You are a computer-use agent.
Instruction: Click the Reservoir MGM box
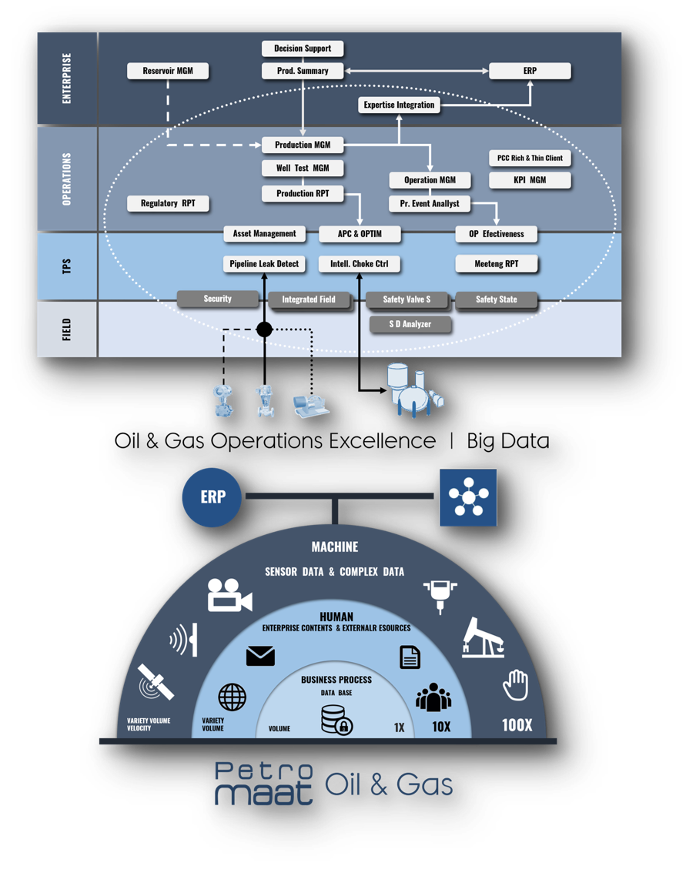click(x=168, y=71)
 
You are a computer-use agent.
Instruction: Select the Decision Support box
click(x=303, y=48)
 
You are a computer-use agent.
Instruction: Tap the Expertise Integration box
click(x=399, y=105)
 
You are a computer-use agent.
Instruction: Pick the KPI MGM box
click(x=530, y=180)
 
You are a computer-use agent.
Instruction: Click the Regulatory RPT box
click(x=168, y=203)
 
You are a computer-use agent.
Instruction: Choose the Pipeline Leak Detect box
click(x=264, y=264)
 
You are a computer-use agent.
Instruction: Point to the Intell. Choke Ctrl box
click(x=359, y=264)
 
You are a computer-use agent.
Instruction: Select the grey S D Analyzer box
click(x=410, y=324)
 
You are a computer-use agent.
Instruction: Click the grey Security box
click(x=218, y=299)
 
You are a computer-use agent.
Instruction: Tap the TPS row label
click(x=67, y=266)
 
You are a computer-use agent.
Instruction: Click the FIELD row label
click(x=67, y=329)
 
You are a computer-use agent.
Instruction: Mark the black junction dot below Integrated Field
click(x=264, y=329)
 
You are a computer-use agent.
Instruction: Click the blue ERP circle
click(x=212, y=496)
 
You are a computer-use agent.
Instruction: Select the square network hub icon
click(x=468, y=497)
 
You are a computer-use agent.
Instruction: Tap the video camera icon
click(x=229, y=595)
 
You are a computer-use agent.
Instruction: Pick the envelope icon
click(x=260, y=656)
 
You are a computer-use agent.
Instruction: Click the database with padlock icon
click(x=336, y=720)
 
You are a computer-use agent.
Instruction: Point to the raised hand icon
click(x=516, y=684)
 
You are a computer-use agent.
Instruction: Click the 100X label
click(x=517, y=725)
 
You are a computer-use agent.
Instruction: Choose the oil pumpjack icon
click(x=483, y=636)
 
